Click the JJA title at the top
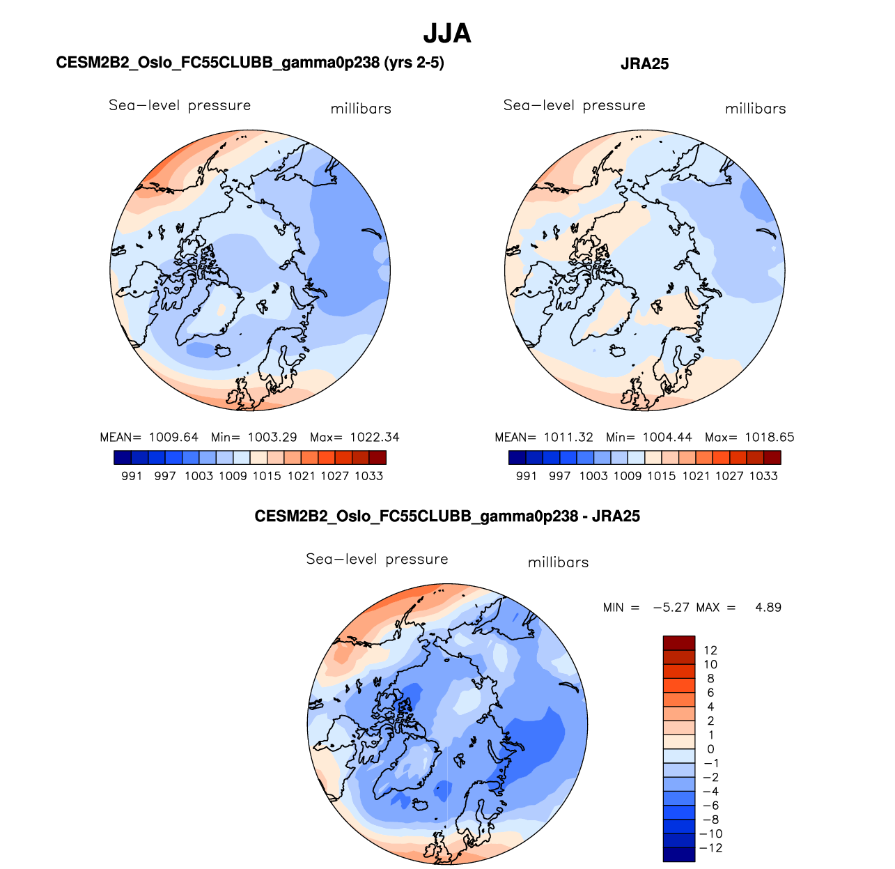coord(447,33)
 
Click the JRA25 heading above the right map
coord(644,64)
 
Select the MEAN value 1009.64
coord(173,438)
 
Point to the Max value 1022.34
coord(375,438)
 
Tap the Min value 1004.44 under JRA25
coord(667,438)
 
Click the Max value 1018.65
coord(769,438)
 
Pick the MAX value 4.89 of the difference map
coord(768,608)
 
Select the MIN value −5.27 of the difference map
coord(671,608)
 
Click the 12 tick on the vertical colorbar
coord(710,651)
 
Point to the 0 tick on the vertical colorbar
coord(710,749)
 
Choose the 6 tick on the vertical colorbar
coord(710,693)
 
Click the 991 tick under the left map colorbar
coord(132,476)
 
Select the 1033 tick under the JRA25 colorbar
coord(763,476)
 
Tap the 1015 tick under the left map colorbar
coord(267,476)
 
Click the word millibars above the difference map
coord(558,562)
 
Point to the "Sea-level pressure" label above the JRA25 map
coord(574,105)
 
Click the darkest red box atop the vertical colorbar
coord(679,643)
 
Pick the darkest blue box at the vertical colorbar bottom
coord(679,854)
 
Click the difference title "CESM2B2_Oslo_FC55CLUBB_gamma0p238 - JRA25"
coord(447,516)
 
